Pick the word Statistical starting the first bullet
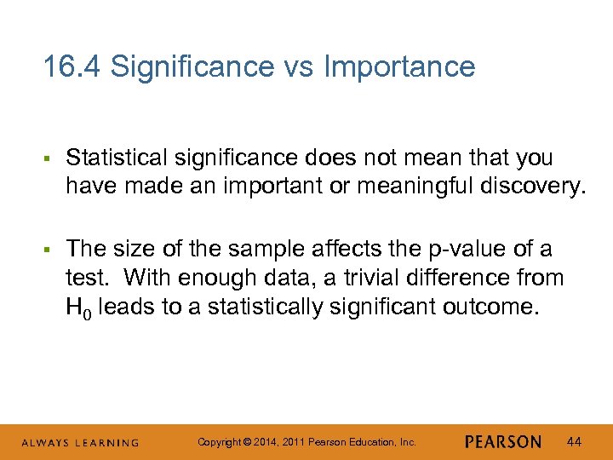(x=116, y=158)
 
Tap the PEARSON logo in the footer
(x=503, y=442)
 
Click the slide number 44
(x=575, y=441)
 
